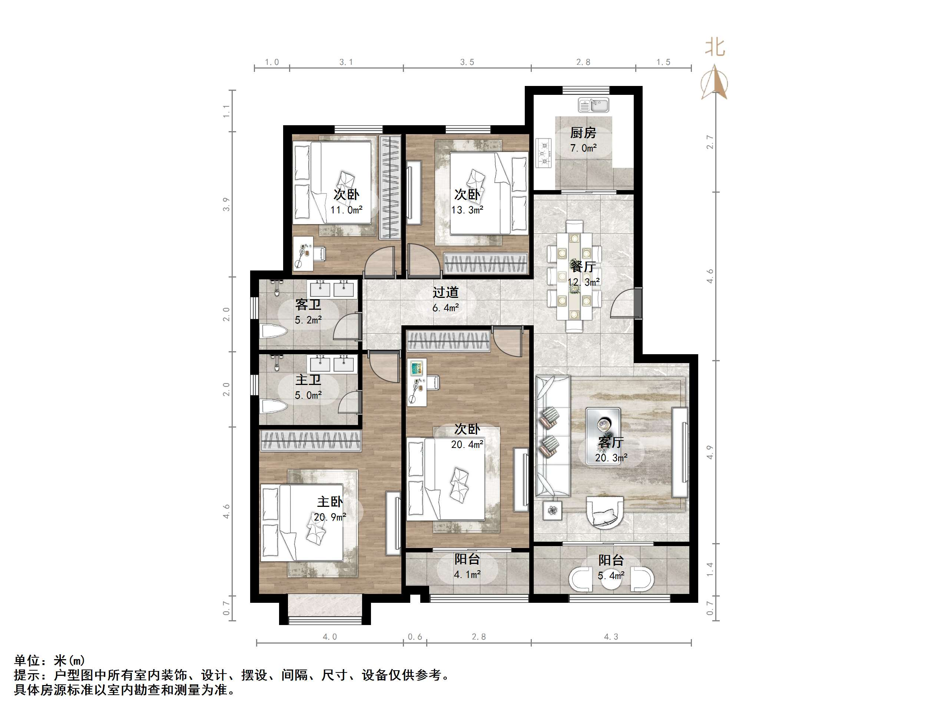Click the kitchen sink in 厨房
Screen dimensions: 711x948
coord(594,104)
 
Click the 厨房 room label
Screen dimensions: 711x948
coord(583,133)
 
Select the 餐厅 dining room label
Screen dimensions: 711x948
coord(583,266)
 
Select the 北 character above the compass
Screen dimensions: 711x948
coord(715,47)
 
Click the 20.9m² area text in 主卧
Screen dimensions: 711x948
coord(329,517)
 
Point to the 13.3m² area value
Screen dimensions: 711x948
coord(467,210)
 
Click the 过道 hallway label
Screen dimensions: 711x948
coord(445,292)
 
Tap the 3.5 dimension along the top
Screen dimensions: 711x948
coord(467,62)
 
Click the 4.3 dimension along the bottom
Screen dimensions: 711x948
coord(611,637)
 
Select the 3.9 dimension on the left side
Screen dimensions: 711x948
coord(226,204)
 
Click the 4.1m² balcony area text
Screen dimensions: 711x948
coord(467,574)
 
